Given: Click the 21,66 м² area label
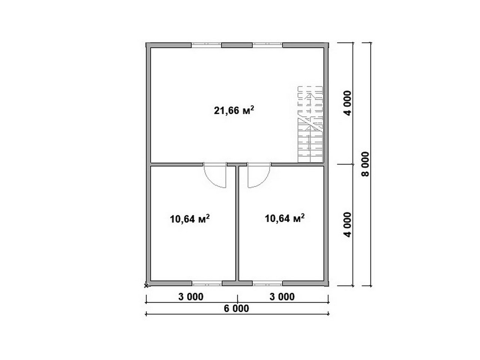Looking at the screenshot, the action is [x=234, y=110].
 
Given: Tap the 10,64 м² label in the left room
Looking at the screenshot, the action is [x=190, y=219].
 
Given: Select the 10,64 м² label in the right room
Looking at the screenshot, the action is [x=285, y=218].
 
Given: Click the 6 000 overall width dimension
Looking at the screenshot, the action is [x=236, y=308].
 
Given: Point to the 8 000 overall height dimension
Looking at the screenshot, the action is [x=365, y=164].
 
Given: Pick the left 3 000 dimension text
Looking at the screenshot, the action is [x=191, y=297].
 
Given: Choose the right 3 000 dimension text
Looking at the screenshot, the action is [x=282, y=297].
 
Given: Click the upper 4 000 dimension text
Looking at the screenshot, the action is [x=347, y=103].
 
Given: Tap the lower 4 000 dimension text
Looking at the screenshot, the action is [x=347, y=225].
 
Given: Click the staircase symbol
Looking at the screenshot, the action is [x=310, y=124].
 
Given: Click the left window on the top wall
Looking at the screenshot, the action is [x=206, y=45].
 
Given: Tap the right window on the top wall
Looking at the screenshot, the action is [x=267, y=45].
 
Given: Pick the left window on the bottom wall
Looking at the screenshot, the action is [x=207, y=283].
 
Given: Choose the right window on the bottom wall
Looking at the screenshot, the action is [x=267, y=283].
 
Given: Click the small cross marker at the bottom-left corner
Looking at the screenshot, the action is [x=146, y=285].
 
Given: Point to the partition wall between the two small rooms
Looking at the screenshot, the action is [x=237, y=223].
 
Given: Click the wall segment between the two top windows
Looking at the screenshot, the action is [x=237, y=45].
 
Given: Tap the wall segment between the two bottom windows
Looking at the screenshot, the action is [x=237, y=283].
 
